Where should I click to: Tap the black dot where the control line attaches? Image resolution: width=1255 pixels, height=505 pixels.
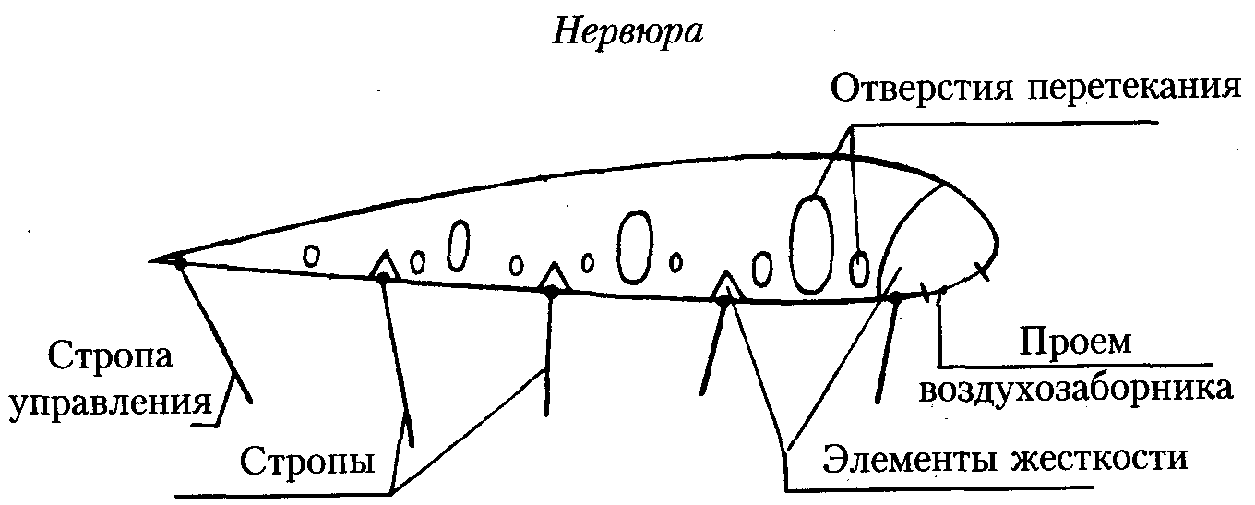point(180,263)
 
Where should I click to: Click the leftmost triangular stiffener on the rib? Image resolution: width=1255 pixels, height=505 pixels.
point(384,265)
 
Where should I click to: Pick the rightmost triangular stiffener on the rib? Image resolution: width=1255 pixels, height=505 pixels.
point(726,286)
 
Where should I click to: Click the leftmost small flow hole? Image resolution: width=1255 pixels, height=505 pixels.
point(312,254)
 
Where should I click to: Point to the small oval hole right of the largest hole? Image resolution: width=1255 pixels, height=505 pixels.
point(859,269)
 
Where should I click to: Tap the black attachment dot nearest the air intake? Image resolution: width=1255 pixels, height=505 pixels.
point(893,297)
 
